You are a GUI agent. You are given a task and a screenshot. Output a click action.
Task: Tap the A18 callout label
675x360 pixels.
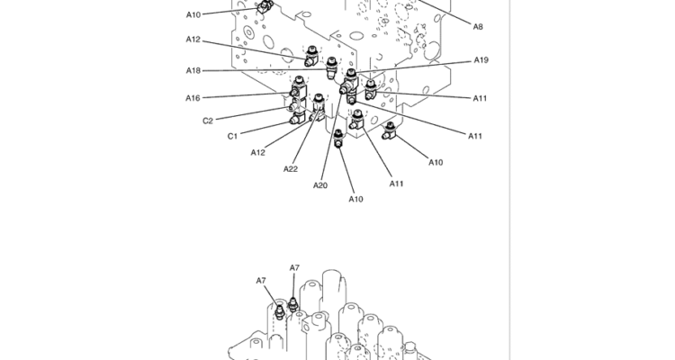[x=193, y=70]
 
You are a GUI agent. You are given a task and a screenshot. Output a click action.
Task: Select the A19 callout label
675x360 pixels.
[x=481, y=60]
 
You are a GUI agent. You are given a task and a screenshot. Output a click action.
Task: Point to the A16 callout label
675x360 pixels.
[x=193, y=98]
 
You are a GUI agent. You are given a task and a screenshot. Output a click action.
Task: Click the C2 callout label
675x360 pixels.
[x=207, y=121]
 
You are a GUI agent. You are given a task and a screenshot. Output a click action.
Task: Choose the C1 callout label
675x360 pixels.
[x=232, y=136]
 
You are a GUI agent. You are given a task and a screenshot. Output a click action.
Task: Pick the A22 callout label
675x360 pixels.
[x=291, y=169]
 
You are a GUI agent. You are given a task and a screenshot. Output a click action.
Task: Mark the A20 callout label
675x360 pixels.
[x=320, y=185]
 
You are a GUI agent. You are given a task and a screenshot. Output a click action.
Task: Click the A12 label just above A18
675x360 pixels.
[x=193, y=39]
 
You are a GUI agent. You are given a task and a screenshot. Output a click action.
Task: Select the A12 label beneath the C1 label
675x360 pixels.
[x=258, y=152]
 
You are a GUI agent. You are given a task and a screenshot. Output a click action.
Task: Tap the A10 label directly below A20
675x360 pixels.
[x=355, y=199]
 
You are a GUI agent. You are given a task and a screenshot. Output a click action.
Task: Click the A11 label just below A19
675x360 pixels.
[x=481, y=98]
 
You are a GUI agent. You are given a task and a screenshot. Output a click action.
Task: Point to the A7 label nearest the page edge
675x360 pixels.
[x=261, y=281]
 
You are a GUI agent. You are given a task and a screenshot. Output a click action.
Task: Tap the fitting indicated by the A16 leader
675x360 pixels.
[x=296, y=89]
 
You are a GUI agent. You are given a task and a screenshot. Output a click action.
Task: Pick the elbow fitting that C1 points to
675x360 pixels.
[x=298, y=114]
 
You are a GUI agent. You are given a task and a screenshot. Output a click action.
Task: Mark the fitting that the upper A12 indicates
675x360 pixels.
[x=311, y=58]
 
